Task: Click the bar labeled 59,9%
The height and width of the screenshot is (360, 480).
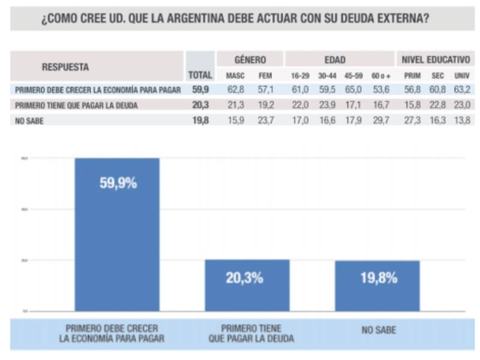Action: tap(117, 234)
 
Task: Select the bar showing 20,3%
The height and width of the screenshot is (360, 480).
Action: tap(247, 285)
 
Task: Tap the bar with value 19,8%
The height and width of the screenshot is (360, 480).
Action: tap(377, 286)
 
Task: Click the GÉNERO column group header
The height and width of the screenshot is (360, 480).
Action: tap(250, 60)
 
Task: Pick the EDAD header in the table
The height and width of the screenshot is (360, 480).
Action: tap(335, 60)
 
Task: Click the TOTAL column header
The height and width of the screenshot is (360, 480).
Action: tap(200, 76)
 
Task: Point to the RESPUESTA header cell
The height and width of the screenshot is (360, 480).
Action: tap(66, 67)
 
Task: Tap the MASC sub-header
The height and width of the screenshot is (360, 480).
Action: tap(235, 76)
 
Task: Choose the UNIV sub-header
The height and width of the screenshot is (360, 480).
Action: tap(462, 76)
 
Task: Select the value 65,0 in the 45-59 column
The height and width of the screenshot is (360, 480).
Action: tap(354, 90)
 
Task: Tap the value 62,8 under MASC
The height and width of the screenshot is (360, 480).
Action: tap(235, 90)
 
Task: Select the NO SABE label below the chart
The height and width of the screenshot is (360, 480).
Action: tap(378, 330)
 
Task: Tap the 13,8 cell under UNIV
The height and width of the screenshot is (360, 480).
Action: tap(462, 120)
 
